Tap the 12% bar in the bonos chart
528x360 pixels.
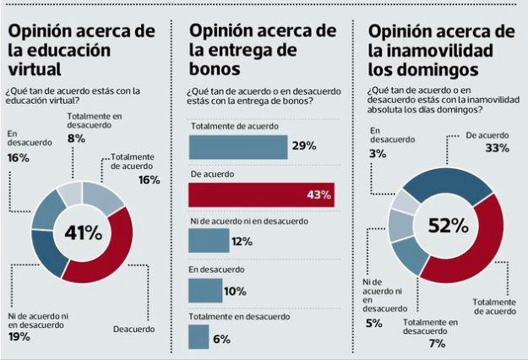[209, 242]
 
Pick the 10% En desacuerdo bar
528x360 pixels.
[205, 290]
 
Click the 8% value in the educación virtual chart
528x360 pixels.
[76, 138]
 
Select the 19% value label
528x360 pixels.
[19, 337]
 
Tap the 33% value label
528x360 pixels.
[498, 149]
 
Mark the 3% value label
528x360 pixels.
[378, 153]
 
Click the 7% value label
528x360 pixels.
[436, 344]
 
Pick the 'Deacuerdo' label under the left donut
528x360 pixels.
[133, 328]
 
